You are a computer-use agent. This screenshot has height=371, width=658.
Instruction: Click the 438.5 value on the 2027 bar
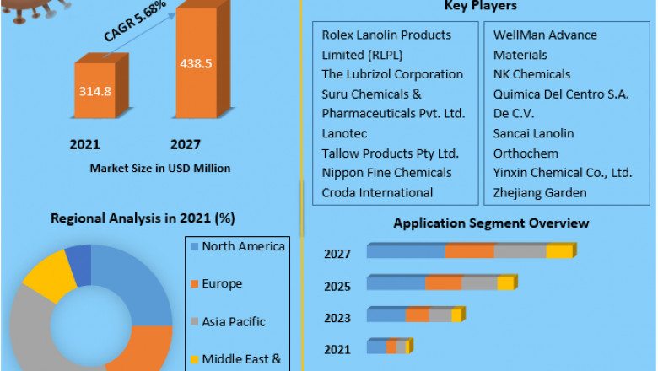point(196,62)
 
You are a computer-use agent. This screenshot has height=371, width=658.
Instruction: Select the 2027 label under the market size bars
point(185,144)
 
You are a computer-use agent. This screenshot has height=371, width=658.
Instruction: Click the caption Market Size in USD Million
point(159,168)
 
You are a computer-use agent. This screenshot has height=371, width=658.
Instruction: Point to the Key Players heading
point(480,6)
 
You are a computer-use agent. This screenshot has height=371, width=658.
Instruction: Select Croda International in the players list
point(377,192)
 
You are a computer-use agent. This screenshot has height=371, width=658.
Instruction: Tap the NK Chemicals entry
point(531,74)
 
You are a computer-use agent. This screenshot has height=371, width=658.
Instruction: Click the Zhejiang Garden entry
point(540,192)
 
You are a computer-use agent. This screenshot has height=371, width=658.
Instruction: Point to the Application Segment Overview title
point(491,223)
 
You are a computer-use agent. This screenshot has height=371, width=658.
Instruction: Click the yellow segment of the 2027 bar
point(558,251)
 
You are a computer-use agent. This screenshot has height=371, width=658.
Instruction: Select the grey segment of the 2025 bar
point(479,283)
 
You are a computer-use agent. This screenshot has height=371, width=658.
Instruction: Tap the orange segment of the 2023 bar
point(417,315)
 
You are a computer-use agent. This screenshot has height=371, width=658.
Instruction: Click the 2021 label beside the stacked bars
point(337,349)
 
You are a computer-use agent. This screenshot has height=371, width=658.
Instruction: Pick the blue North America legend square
point(194,247)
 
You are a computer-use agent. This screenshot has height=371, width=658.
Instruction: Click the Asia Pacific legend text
point(234,321)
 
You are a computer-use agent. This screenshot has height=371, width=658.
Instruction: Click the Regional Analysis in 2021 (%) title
point(143,218)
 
